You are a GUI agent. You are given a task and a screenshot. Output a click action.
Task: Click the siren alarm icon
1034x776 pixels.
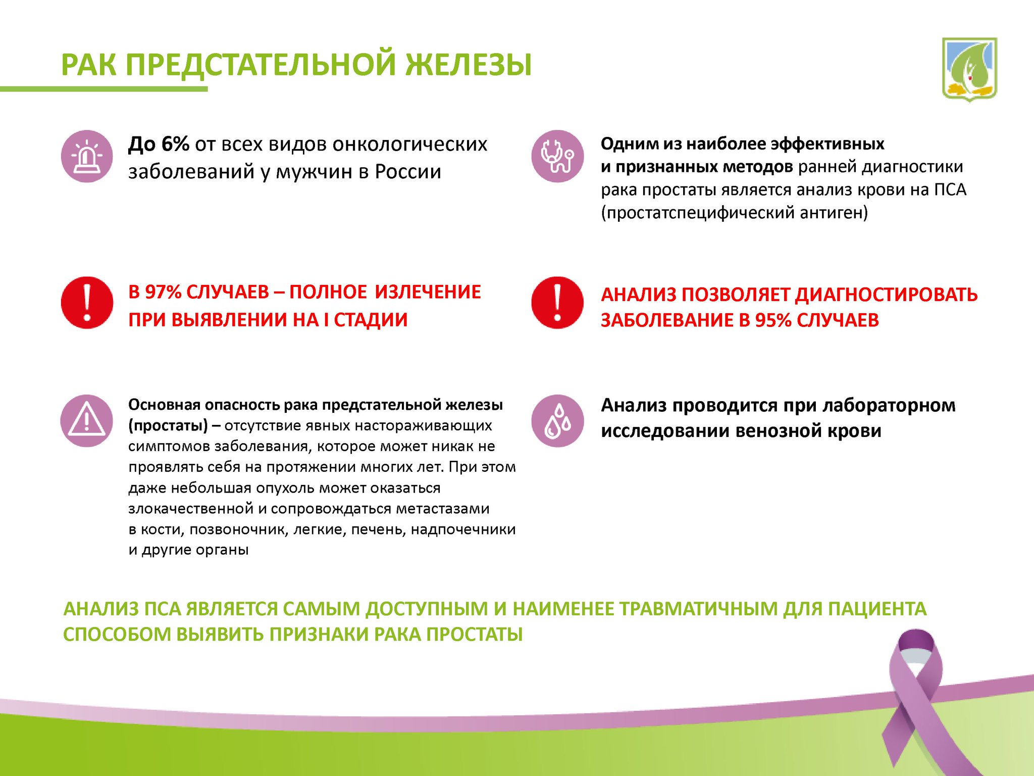click(x=87, y=156)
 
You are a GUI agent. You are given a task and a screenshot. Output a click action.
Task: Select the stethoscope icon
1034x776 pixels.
click(x=557, y=156)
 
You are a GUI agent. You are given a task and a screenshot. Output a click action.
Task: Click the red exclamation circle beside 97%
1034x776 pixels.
click(x=87, y=302)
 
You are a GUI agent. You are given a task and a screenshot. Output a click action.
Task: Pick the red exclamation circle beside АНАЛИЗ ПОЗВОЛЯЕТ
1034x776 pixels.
click(x=557, y=302)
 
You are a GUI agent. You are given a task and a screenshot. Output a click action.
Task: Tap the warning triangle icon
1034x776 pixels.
click(x=87, y=420)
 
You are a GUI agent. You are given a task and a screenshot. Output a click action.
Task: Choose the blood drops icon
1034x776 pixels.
click(x=557, y=420)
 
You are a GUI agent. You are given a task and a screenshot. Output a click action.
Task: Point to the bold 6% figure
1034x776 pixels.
click(x=175, y=144)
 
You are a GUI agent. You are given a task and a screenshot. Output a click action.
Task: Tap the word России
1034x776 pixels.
click(x=408, y=172)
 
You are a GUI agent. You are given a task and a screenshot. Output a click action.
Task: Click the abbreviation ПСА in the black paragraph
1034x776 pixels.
click(x=950, y=190)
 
